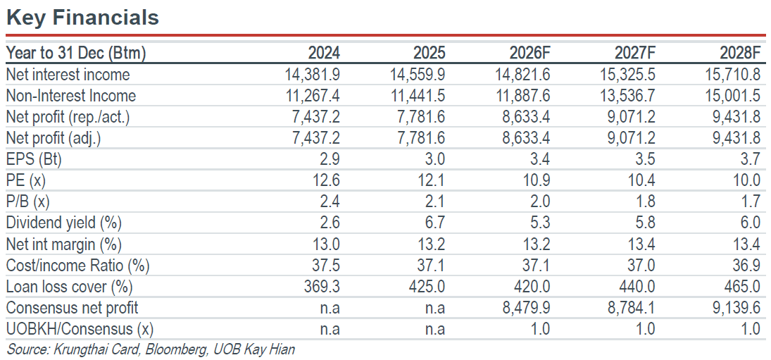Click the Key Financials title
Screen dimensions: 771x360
82,18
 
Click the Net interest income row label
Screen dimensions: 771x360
68,75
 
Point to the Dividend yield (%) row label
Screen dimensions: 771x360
63,223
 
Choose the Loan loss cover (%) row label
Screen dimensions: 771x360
69,286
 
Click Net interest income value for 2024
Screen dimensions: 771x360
313,75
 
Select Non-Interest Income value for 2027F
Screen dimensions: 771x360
628,96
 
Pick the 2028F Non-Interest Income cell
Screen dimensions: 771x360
733,96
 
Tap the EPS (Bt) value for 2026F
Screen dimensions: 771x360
539,159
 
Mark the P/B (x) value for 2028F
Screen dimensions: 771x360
751,201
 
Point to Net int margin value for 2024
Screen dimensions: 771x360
326,244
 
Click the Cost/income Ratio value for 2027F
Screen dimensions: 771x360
641,265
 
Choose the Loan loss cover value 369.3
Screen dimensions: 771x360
322,286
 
